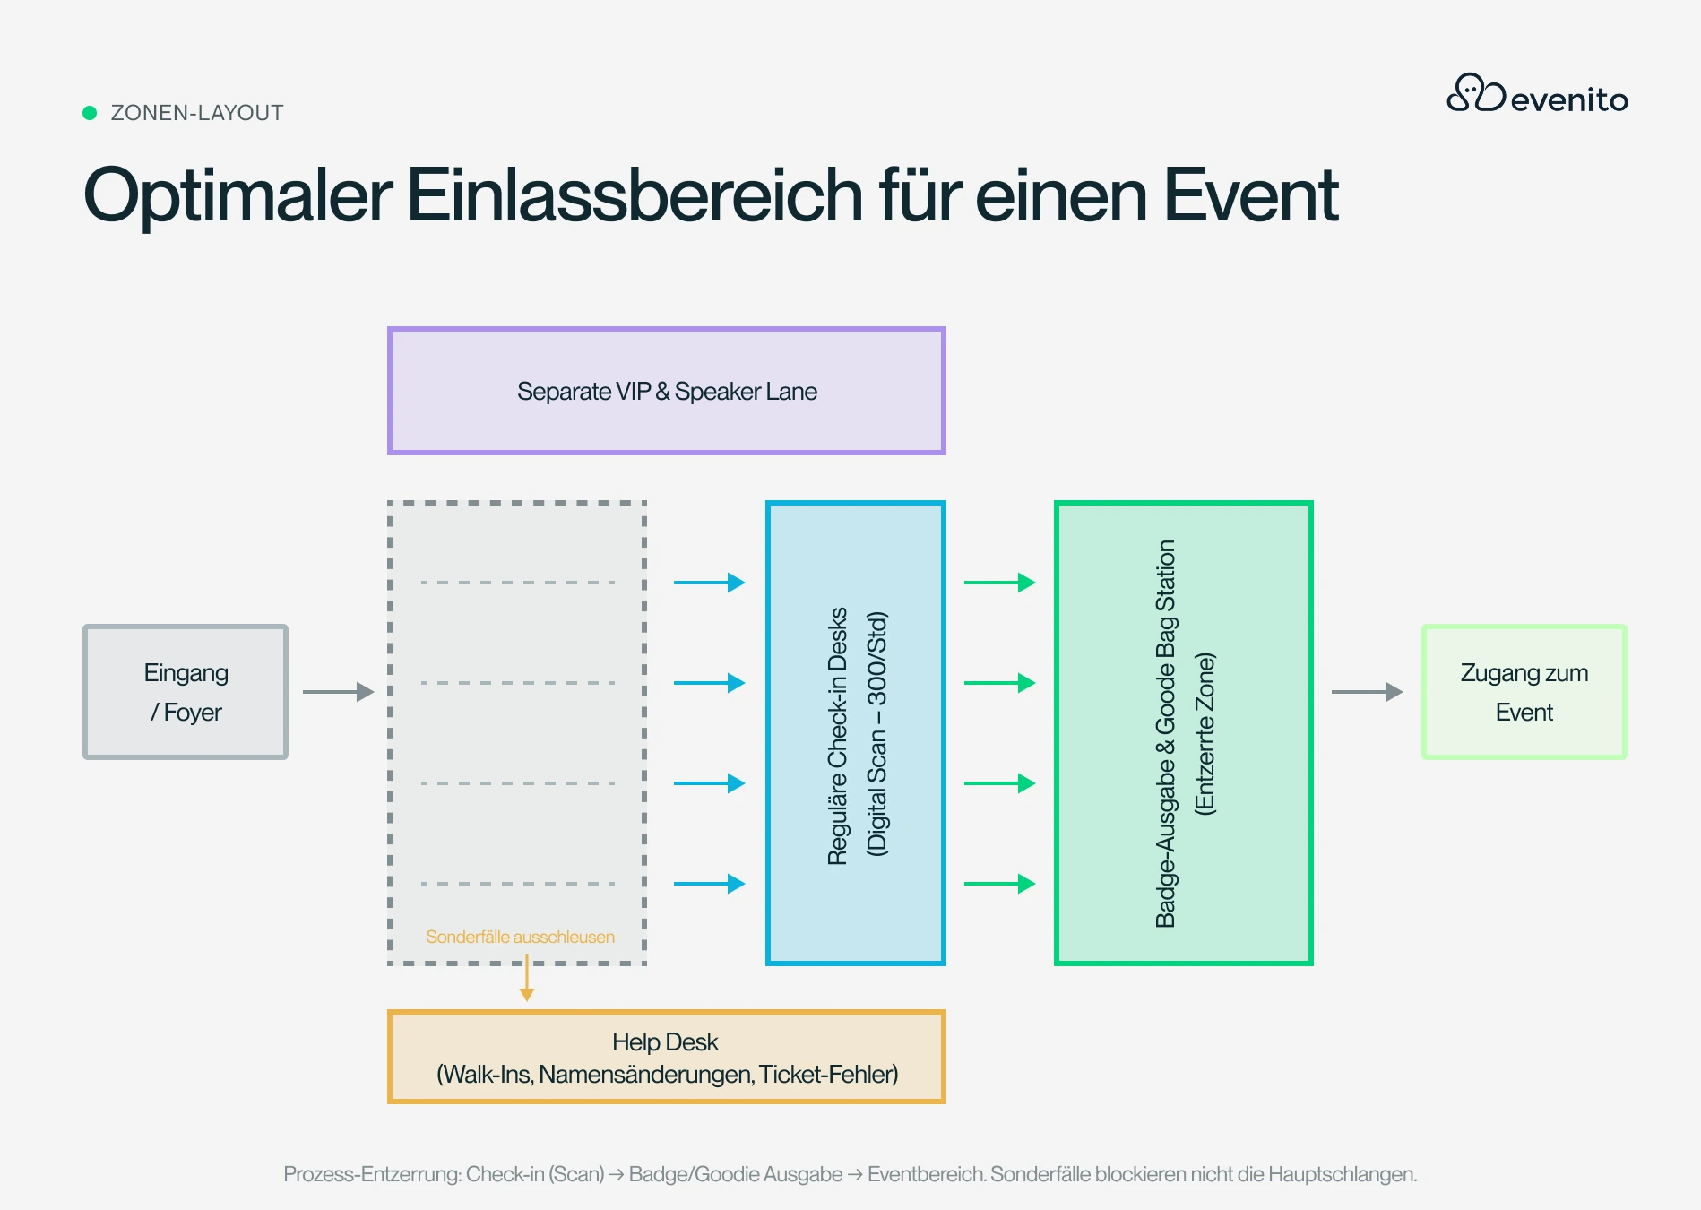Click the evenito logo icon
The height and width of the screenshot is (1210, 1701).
click(1476, 92)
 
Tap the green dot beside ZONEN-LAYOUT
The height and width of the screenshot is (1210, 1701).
click(90, 113)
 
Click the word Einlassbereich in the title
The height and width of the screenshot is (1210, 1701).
click(635, 194)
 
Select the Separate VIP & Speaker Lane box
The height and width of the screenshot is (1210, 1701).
click(667, 391)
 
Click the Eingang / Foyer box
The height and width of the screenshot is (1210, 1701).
click(186, 692)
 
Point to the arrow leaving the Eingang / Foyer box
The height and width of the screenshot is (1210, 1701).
click(338, 692)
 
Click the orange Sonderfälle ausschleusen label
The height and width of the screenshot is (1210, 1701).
click(521, 937)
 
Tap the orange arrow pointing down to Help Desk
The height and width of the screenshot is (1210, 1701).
click(527, 978)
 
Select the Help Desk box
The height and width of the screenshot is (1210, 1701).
click(667, 1058)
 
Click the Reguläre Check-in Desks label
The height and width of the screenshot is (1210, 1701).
click(838, 736)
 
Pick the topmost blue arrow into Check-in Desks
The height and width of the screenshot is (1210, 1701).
click(710, 583)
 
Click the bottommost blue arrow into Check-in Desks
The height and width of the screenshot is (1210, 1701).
click(710, 884)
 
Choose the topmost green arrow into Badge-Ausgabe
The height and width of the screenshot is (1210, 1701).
click(1000, 583)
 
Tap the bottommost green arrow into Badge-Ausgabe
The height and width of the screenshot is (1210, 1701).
click(1000, 884)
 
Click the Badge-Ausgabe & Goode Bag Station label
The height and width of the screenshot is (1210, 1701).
click(1165, 733)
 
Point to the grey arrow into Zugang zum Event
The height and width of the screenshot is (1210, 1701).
click(1368, 692)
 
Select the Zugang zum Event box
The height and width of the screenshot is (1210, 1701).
click(1524, 692)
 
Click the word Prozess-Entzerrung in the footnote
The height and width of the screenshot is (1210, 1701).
click(372, 1174)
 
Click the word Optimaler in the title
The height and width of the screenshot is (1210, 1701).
click(238, 196)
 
